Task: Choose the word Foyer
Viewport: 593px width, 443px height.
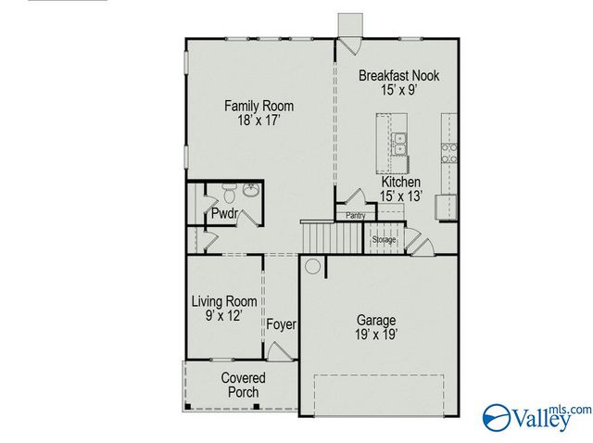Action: tap(281, 324)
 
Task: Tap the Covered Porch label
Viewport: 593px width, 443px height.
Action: tap(243, 385)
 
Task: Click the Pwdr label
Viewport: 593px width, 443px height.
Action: tap(224, 215)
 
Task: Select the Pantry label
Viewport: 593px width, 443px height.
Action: tap(355, 216)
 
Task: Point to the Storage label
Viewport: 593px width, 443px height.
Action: tap(384, 240)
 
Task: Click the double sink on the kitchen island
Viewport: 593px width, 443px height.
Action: tap(400, 145)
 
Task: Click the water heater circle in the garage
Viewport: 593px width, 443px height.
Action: tap(313, 267)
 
